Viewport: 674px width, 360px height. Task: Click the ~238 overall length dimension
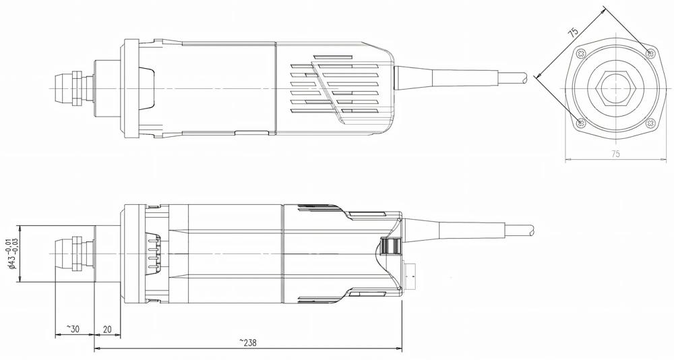(x=247, y=342)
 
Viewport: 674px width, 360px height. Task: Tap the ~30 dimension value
(x=72, y=328)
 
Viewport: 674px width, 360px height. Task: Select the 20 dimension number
(x=106, y=328)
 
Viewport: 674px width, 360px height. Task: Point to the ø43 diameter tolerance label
(x=11, y=253)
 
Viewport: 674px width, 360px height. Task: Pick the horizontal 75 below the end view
(x=615, y=154)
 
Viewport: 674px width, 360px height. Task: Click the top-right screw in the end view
(x=650, y=53)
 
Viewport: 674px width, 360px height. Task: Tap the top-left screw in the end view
(x=581, y=53)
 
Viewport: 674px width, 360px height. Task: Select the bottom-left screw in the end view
(x=581, y=123)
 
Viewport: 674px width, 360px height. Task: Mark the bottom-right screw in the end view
(x=650, y=123)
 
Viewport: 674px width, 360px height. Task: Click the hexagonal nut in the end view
(x=615, y=88)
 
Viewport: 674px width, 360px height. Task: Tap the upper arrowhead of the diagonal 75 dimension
(x=603, y=10)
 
